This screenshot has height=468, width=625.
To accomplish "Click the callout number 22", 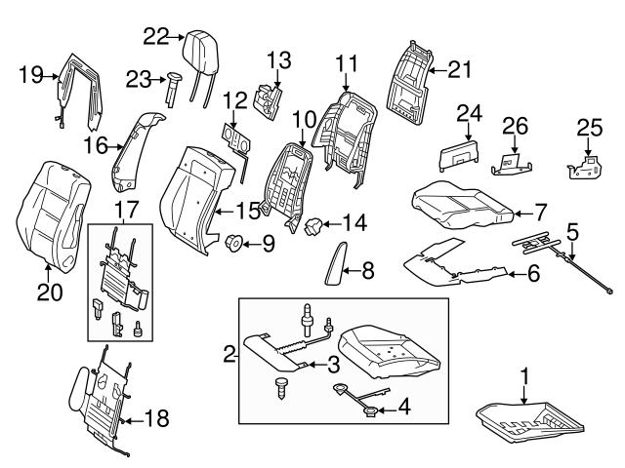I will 156,36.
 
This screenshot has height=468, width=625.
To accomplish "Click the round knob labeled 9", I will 234,241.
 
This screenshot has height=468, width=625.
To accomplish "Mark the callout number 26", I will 514,126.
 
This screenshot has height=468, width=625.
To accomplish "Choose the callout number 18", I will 155,419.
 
